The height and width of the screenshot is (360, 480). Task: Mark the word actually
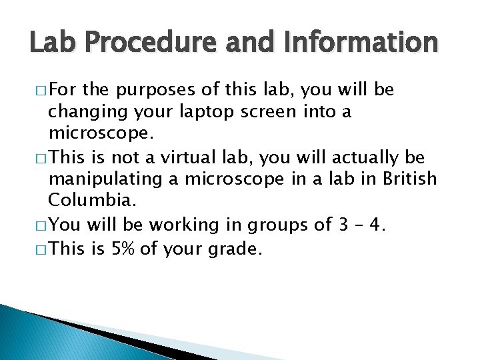pyautogui.click(x=367, y=157)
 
